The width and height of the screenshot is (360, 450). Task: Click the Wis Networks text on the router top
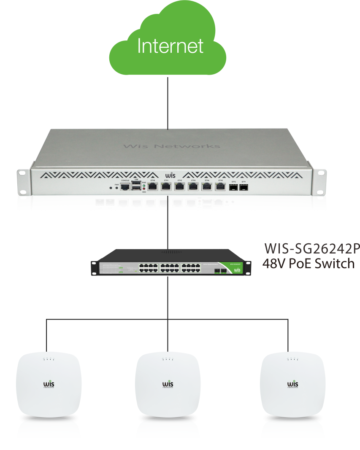pos(172,146)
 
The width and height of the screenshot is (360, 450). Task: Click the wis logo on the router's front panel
pos(170,174)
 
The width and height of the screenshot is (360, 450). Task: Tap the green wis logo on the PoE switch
pos(237,269)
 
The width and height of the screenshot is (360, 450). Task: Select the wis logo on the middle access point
pos(168,384)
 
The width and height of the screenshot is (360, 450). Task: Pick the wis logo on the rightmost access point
pos(292,384)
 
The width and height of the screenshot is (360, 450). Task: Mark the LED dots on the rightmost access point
pos(292,360)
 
